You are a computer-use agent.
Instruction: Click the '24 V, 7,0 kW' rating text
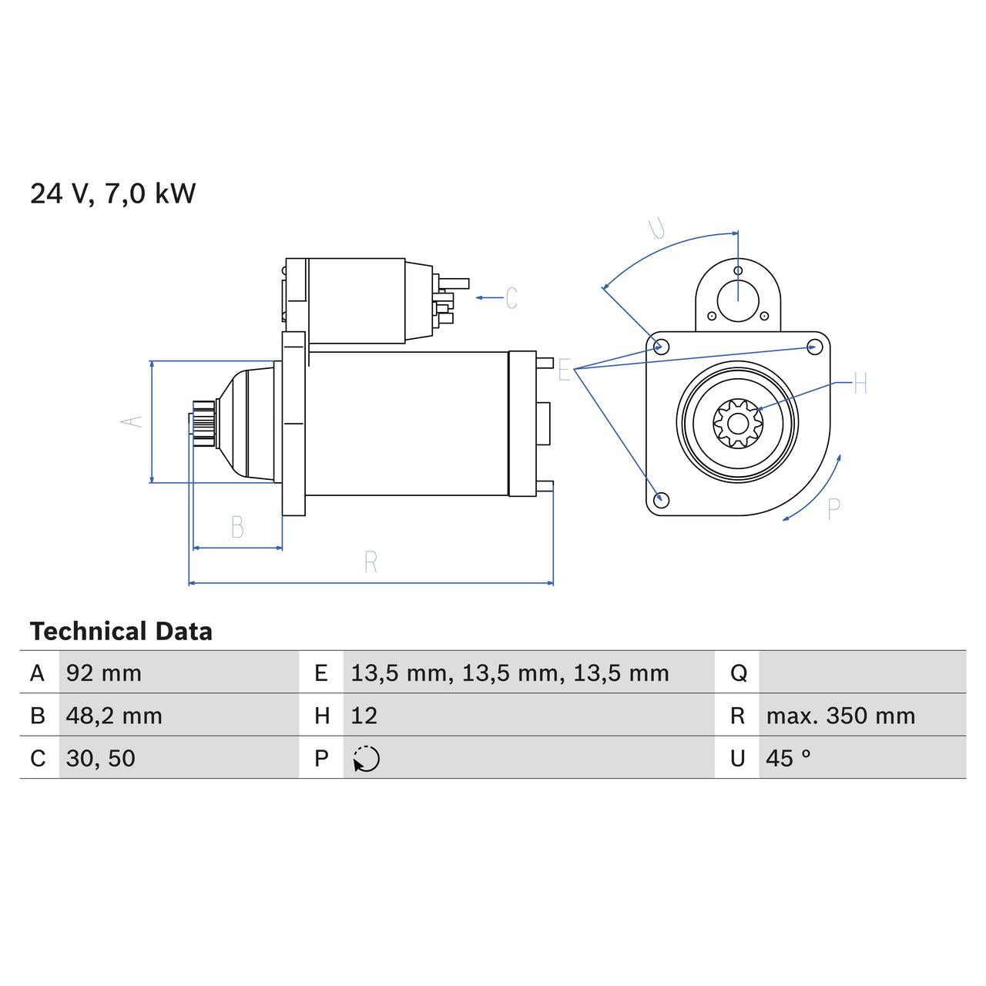(112, 193)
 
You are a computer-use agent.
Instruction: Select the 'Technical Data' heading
(121, 632)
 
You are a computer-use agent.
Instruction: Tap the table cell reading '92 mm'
(104, 673)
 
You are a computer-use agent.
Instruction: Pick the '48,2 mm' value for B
(114, 716)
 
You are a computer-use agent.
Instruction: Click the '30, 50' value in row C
(100, 759)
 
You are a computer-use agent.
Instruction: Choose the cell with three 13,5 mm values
(509, 673)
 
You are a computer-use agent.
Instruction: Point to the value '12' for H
(364, 716)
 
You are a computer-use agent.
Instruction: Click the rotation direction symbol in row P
(366, 759)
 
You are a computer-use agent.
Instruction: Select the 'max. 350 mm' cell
(840, 716)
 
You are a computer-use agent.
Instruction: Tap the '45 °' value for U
(788, 759)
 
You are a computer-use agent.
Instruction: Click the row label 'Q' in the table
(738, 673)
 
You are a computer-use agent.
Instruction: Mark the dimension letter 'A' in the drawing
(132, 421)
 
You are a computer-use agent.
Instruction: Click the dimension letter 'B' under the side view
(237, 528)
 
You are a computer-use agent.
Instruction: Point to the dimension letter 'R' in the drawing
(371, 563)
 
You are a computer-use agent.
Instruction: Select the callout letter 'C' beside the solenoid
(511, 298)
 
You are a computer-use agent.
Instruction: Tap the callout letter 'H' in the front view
(860, 383)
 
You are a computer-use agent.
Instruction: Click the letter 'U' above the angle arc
(657, 229)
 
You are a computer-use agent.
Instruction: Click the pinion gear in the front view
(737, 422)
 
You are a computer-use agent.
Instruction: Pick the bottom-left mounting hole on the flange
(660, 499)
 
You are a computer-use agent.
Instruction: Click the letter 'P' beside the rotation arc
(833, 509)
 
